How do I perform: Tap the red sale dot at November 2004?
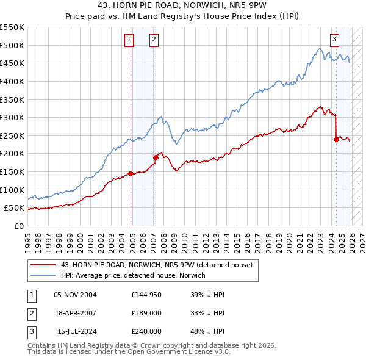(131, 173)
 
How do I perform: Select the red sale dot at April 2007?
(156, 157)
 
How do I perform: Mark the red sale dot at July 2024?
(336, 139)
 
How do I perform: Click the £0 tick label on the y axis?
(20, 226)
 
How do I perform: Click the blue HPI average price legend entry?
(133, 275)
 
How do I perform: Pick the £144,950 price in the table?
(146, 295)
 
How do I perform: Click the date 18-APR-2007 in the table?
(76, 313)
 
